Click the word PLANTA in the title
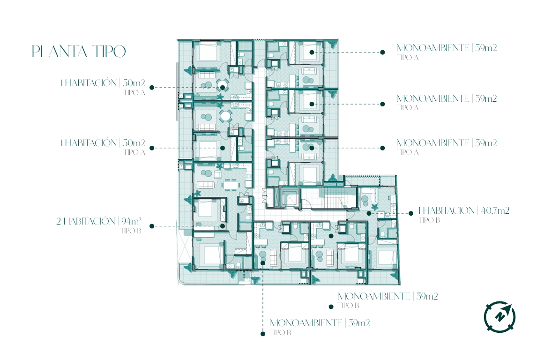pos(60,52)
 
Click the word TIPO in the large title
pos(109,52)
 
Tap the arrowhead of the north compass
pos(507,308)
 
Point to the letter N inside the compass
pos(500,316)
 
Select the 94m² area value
pos(131,221)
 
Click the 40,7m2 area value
pos(495,210)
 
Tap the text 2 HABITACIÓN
pos(86,221)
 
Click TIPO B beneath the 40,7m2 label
pos(429,220)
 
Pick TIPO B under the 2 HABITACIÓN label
pos(131,231)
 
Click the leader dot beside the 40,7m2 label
pos(411,213)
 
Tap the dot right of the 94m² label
pos(152,226)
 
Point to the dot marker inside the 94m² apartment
pos(223,226)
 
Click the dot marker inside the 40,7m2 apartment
pos(369,213)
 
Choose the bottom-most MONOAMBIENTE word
pos(306,323)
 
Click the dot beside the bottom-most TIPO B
pos(263,334)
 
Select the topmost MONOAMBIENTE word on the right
pos(433,48)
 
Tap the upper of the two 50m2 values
pos(134,83)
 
